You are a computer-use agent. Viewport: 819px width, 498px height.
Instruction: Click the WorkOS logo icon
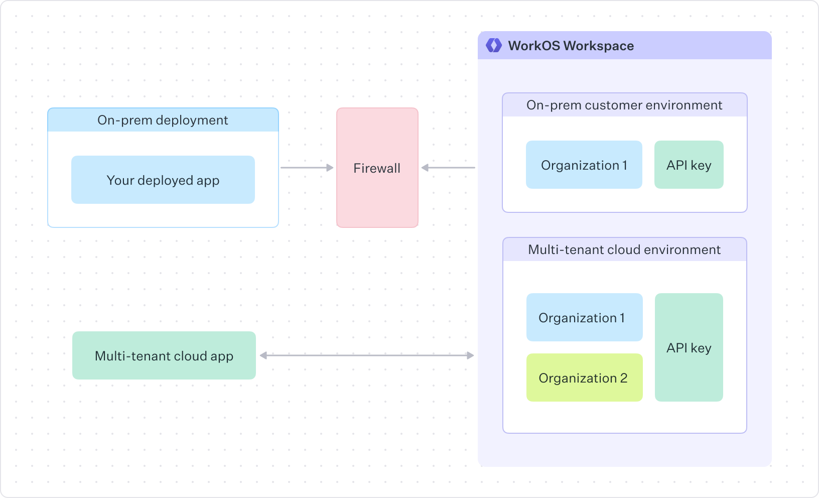coord(494,46)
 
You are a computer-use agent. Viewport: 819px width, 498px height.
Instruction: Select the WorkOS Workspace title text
coord(571,46)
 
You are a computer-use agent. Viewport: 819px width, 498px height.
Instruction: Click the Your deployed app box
coord(163,180)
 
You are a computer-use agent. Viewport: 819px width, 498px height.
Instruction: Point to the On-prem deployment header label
coord(163,120)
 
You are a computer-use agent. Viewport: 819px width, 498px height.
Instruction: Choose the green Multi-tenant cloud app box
coord(164,355)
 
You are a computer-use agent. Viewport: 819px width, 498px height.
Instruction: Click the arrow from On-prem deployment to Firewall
coord(307,168)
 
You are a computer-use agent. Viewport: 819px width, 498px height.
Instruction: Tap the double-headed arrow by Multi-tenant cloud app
coord(366,355)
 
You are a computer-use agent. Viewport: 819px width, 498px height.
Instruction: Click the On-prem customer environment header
coord(624,105)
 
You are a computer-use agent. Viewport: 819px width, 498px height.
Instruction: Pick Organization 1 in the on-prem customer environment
coord(584,165)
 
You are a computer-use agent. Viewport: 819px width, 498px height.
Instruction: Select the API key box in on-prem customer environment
coord(689,165)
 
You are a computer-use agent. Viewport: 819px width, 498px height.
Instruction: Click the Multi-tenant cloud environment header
coord(624,250)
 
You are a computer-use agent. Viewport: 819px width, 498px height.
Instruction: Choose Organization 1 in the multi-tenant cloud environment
coord(584,317)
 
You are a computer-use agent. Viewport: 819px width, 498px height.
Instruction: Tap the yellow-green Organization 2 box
coord(584,378)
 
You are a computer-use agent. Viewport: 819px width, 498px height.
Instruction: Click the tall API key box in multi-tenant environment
coord(689,347)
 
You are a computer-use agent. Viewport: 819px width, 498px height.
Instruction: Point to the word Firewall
coord(377,168)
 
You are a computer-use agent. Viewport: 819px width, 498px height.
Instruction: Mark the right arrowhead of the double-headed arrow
coord(470,355)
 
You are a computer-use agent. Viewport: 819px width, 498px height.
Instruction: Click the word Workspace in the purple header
coord(599,46)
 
